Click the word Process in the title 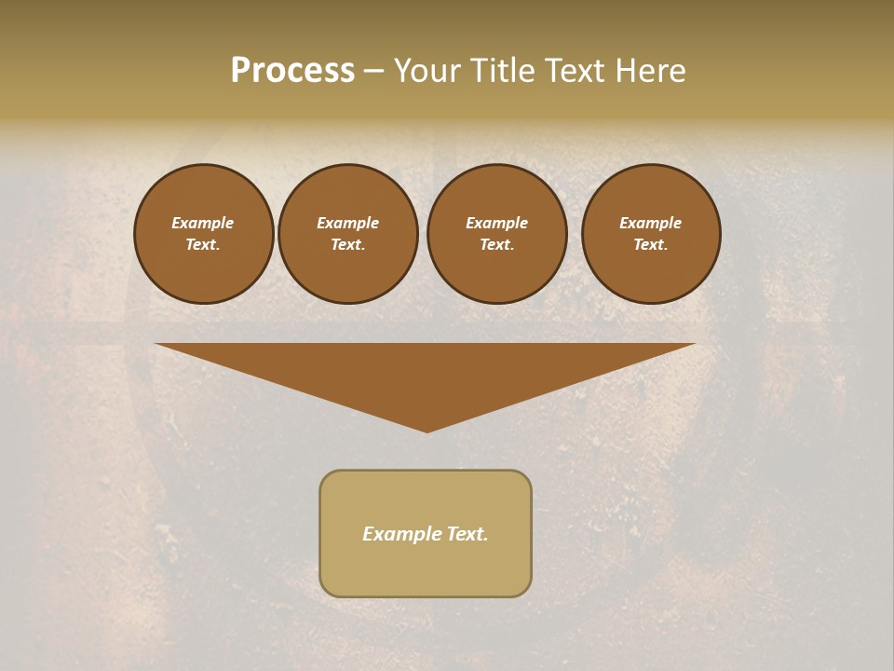pyautogui.click(x=292, y=71)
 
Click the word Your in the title pyautogui.click(x=427, y=71)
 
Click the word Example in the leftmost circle pyautogui.click(x=203, y=223)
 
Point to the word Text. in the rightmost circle pyautogui.click(x=651, y=244)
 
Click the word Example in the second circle pyautogui.click(x=348, y=223)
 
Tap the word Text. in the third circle pyautogui.click(x=497, y=244)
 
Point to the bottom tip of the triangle pyautogui.click(x=427, y=431)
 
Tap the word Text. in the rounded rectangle pyautogui.click(x=467, y=534)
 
